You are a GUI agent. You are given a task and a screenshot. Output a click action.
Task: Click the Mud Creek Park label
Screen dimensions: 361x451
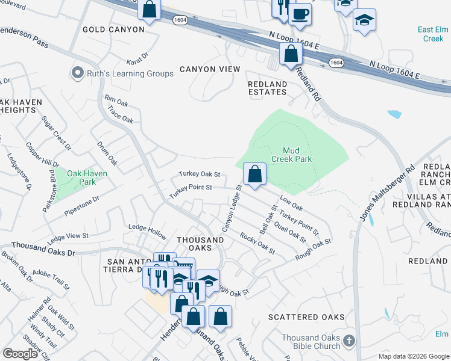(x=297, y=155)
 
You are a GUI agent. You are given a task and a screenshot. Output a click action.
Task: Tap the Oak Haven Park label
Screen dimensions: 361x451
(x=87, y=177)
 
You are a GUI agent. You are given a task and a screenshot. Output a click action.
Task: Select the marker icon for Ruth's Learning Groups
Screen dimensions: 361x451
(x=77, y=73)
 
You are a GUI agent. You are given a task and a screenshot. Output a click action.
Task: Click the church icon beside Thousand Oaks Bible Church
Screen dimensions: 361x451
(x=349, y=342)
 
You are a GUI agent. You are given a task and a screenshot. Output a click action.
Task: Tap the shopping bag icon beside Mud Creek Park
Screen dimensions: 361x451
(x=255, y=174)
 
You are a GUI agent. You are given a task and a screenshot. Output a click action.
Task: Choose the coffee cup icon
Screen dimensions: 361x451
(x=300, y=13)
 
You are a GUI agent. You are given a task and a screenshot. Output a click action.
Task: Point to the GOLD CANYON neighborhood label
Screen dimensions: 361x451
(x=113, y=29)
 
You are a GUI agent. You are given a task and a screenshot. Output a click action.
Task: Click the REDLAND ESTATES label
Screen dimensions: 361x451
(x=268, y=88)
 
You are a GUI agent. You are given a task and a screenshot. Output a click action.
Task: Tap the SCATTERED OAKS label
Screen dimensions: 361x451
(x=306, y=317)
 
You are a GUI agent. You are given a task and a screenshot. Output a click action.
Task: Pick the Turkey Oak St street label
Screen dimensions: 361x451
(x=199, y=174)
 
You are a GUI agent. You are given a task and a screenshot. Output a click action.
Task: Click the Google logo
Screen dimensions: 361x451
(x=20, y=353)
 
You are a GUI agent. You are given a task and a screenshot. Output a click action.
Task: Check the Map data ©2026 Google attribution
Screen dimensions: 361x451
(x=413, y=356)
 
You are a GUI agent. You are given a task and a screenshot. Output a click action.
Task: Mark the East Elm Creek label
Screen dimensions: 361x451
(x=433, y=34)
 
